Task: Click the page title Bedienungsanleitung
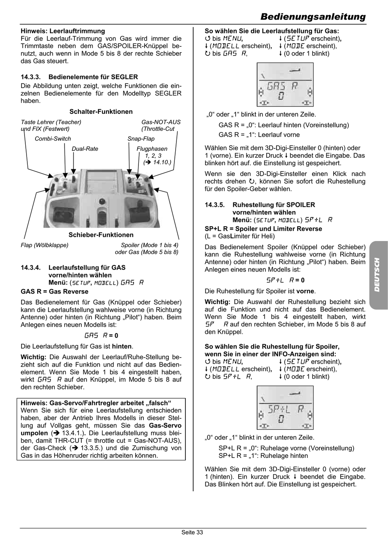click(x=313, y=17)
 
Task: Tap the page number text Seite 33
click(x=192, y=532)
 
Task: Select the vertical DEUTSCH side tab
click(x=377, y=275)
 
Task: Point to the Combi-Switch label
click(x=53, y=139)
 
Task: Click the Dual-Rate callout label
click(x=85, y=149)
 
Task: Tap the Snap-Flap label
click(x=141, y=139)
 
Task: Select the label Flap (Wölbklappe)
click(x=45, y=245)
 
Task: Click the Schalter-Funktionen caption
click(x=101, y=112)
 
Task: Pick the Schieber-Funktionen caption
click(x=101, y=235)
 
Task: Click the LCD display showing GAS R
click(x=285, y=84)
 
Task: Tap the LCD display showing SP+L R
click(x=285, y=407)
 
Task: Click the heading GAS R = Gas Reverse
click(x=54, y=292)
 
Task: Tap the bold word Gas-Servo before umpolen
click(x=165, y=425)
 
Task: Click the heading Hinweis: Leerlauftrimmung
click(x=62, y=31)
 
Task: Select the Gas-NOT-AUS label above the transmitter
click(x=161, y=122)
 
